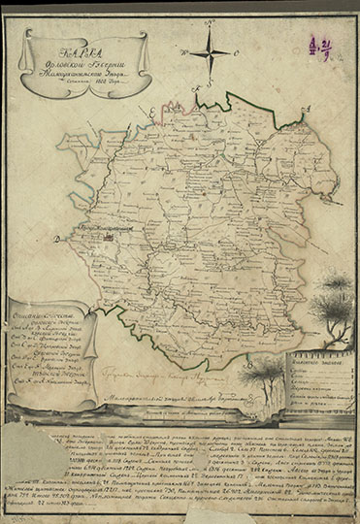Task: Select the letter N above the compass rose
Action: [x=211, y=28]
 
